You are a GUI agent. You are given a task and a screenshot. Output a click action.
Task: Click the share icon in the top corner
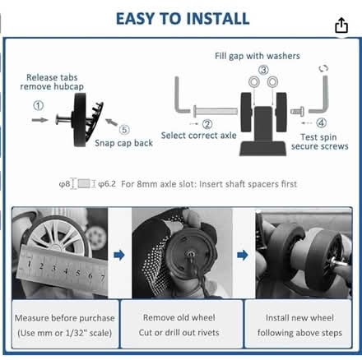pyautogui.click(x=341, y=25)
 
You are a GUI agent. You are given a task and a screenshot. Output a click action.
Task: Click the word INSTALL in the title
pyautogui.click(x=218, y=19)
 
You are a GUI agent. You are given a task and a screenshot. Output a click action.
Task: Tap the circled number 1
pyautogui.click(x=39, y=105)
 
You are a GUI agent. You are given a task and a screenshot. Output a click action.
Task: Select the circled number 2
pyautogui.click(x=207, y=124)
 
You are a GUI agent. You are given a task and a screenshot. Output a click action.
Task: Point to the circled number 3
pyautogui.click(x=263, y=70)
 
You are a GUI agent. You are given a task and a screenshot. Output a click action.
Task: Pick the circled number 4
pyautogui.click(x=322, y=122)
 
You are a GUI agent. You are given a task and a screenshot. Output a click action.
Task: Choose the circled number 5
pyautogui.click(x=124, y=129)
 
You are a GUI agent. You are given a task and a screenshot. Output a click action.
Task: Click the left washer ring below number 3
pyautogui.click(x=254, y=81)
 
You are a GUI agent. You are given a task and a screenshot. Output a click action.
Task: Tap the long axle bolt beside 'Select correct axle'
pyautogui.click(x=216, y=112)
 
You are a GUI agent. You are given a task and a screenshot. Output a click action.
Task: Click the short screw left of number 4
pyautogui.click(x=297, y=112)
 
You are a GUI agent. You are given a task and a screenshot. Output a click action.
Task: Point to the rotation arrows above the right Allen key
pyautogui.click(x=323, y=68)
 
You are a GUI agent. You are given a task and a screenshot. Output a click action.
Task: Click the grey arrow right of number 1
pyautogui.click(x=39, y=120)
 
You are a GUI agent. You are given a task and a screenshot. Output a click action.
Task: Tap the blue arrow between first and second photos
pyautogui.click(x=119, y=255)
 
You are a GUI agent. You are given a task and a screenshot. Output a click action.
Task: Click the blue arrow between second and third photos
pyautogui.click(x=243, y=255)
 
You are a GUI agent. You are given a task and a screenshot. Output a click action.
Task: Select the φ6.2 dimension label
pyautogui.click(x=107, y=184)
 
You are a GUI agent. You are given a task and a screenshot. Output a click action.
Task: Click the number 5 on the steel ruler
pyautogui.click(x=78, y=273)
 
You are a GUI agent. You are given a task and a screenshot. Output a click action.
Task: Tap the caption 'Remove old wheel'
pyautogui.click(x=179, y=317)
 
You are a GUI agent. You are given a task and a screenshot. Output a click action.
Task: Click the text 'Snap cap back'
pyautogui.click(x=123, y=143)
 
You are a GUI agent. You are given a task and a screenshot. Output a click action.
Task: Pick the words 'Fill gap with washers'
pyautogui.click(x=258, y=56)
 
